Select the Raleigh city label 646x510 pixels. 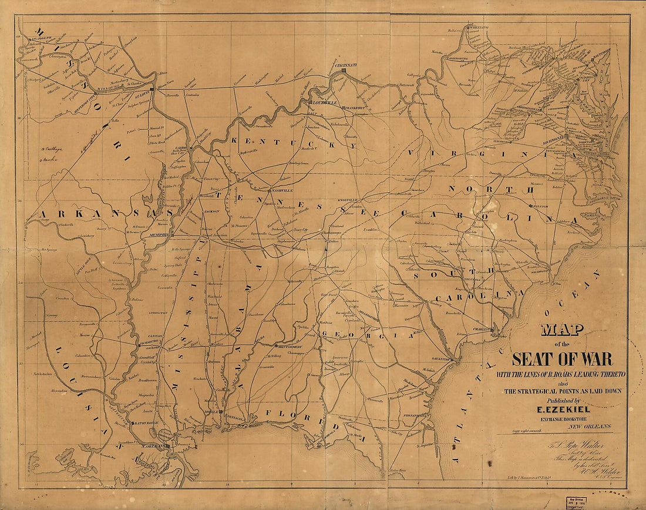[x=542, y=207]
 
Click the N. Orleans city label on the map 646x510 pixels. [x=157, y=446]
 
